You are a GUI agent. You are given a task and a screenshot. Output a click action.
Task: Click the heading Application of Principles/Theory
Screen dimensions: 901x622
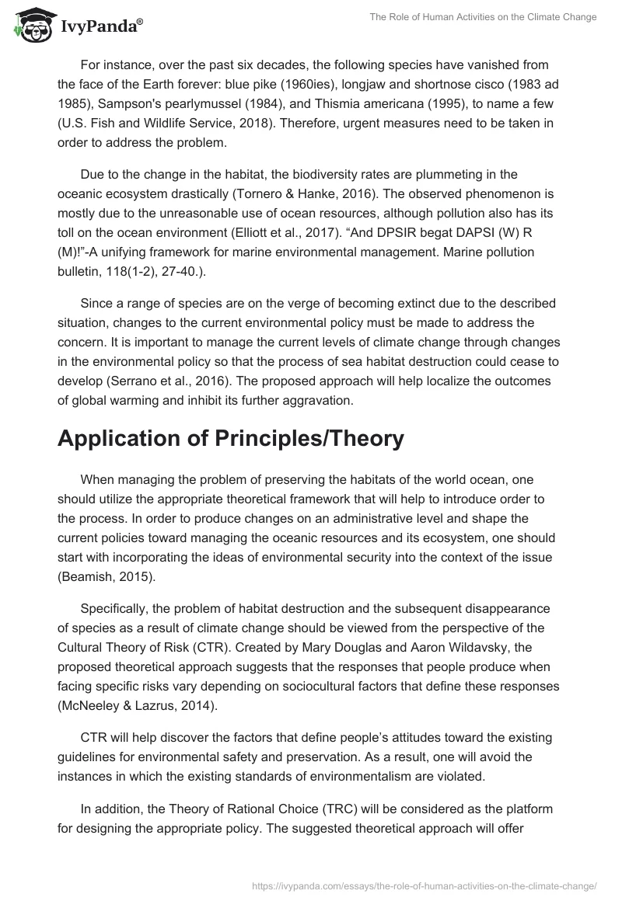tap(231, 438)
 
